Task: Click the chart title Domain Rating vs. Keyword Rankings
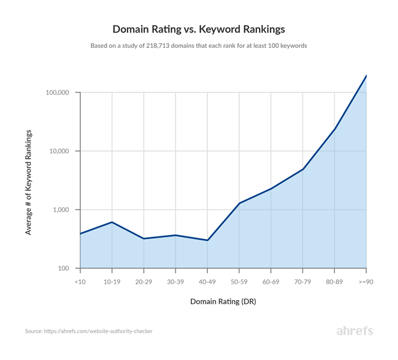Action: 198,29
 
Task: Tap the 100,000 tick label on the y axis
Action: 58,93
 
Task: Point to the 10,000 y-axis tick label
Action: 60,152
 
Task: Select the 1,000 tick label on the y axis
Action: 62,210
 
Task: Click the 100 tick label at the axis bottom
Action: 65,269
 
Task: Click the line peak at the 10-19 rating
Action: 112,222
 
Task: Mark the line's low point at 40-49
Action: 207,240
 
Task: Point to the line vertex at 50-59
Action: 239,203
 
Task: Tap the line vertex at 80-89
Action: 335,129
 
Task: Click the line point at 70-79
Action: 303,169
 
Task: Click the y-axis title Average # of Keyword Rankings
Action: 29,182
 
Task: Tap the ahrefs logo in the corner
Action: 354,331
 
